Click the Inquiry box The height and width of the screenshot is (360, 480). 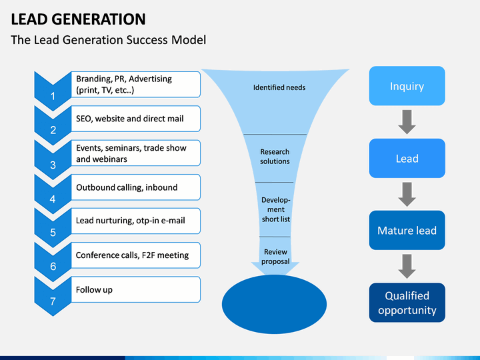pyautogui.click(x=407, y=86)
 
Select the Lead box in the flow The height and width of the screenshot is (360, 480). pyautogui.click(x=407, y=158)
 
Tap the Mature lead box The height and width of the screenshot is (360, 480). pyautogui.click(x=407, y=230)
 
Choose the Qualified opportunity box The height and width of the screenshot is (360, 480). pyautogui.click(x=407, y=303)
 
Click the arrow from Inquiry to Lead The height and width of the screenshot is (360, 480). pyautogui.click(x=407, y=122)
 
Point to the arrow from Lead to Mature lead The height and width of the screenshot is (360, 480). pyautogui.click(x=407, y=195)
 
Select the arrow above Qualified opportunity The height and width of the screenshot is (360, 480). pyautogui.click(x=407, y=266)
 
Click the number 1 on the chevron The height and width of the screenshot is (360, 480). pyautogui.click(x=53, y=97)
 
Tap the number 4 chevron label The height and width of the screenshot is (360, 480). pyautogui.click(x=53, y=199)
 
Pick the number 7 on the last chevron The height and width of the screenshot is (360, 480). pyautogui.click(x=53, y=301)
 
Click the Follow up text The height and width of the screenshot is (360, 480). pyautogui.click(x=94, y=289)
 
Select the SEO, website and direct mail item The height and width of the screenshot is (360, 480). pyautogui.click(x=130, y=119)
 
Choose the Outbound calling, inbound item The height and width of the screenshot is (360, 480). pyautogui.click(x=127, y=187)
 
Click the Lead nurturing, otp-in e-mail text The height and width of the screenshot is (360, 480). pyautogui.click(x=131, y=221)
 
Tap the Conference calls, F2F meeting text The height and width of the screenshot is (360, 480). pyautogui.click(x=132, y=255)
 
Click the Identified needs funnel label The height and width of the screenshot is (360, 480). pyautogui.click(x=279, y=87)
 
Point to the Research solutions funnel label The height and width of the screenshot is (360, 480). pyautogui.click(x=275, y=157)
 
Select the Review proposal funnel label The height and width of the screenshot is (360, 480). pyautogui.click(x=275, y=257)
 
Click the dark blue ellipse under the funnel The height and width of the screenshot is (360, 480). pyautogui.click(x=274, y=304)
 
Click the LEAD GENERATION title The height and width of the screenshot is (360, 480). pyautogui.click(x=79, y=19)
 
